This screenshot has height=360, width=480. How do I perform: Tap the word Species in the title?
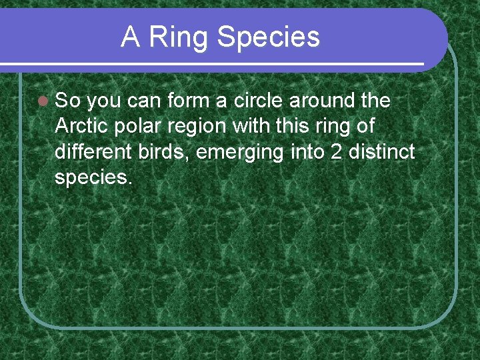pyautogui.click(x=268, y=39)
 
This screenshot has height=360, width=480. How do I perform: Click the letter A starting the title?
pyautogui.click(x=131, y=37)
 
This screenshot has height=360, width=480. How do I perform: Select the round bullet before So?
pyautogui.click(x=43, y=101)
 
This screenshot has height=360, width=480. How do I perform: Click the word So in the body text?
pyautogui.click(x=67, y=101)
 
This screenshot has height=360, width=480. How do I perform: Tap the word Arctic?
pyautogui.click(x=79, y=126)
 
